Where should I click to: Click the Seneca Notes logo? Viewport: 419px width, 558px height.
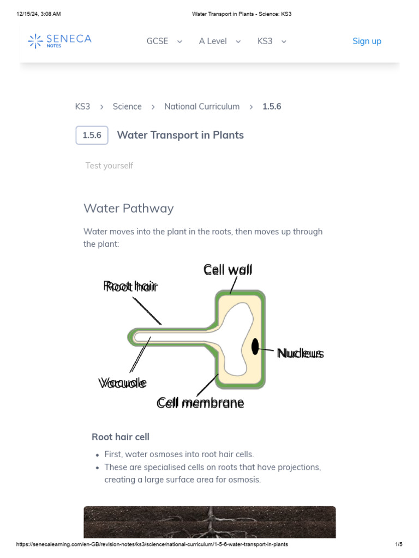coord(60,41)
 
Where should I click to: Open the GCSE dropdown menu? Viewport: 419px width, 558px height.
coord(164,41)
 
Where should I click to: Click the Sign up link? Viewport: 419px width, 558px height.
coord(367,41)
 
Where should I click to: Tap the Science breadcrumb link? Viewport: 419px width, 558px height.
coord(127,106)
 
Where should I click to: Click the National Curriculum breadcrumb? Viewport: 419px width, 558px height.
coord(202,106)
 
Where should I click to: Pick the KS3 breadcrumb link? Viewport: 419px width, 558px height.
coord(82,106)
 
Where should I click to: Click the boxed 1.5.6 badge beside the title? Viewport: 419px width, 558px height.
coord(92,135)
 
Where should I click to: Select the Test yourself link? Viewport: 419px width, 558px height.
coord(109,166)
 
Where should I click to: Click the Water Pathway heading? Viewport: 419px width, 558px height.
coord(128,208)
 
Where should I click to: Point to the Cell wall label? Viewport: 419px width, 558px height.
coord(228,270)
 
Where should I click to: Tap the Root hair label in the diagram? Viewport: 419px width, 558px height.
coord(130,286)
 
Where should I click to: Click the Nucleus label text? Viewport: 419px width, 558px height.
coord(300,354)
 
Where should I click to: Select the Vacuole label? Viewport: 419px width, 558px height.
coord(123,383)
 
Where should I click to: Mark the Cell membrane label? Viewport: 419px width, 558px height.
coord(200,403)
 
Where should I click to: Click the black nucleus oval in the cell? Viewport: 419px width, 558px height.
coord(255,346)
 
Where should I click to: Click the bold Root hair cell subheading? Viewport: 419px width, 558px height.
coord(120,437)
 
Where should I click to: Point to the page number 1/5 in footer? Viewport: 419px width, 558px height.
coord(398,544)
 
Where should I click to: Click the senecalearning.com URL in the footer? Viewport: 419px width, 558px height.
coord(152,544)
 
